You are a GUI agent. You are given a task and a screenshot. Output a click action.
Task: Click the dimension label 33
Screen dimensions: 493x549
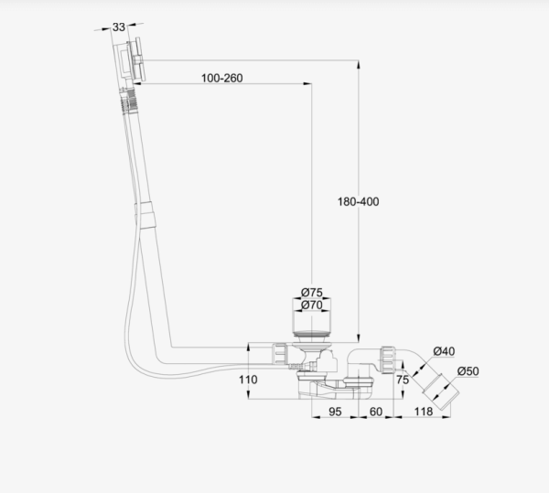[120, 27]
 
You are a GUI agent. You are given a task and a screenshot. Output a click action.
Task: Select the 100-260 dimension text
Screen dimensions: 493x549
[221, 78]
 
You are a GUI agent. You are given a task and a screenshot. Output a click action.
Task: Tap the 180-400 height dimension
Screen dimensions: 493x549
[357, 201]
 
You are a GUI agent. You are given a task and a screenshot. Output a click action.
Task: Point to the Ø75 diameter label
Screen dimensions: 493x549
[311, 293]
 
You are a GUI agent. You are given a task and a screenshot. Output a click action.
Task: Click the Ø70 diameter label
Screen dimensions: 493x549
[311, 305]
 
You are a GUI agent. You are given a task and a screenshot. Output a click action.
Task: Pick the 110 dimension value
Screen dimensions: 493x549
[247, 379]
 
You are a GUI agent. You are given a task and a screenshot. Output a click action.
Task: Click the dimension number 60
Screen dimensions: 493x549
[375, 413]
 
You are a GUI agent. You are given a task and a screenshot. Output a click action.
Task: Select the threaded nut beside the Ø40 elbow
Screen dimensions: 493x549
[389, 359]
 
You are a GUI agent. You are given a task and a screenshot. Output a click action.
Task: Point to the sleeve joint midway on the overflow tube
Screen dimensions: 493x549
[146, 216]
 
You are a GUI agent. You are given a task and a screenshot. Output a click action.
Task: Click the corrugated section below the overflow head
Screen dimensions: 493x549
[124, 97]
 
